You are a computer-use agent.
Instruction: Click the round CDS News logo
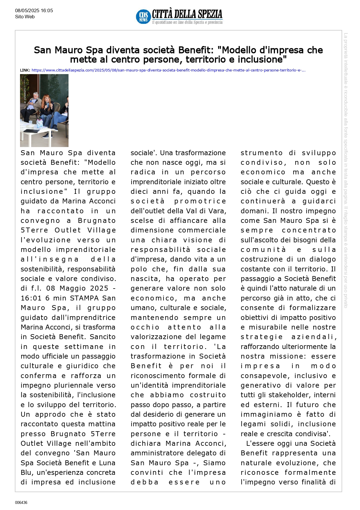coord(143,17)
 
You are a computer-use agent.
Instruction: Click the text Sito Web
coord(25,17)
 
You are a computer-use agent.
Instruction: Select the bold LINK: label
coord(25,70)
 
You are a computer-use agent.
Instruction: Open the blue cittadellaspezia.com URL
coord(168,70)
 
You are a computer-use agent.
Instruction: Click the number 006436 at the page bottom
coord(21,502)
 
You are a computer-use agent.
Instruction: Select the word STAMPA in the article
coord(84,298)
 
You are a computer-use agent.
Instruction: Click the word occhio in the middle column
coord(145,327)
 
